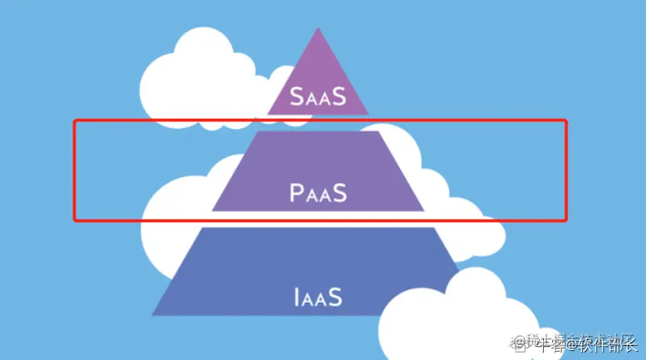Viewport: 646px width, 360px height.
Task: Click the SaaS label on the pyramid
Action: [x=317, y=96]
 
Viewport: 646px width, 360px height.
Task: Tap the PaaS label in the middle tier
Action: [x=318, y=193]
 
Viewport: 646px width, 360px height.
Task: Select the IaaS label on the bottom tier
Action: [x=318, y=296]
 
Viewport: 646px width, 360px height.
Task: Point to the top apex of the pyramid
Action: [x=318, y=28]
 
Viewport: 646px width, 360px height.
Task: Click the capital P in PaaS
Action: [x=297, y=193]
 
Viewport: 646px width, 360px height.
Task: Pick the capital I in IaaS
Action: [x=296, y=296]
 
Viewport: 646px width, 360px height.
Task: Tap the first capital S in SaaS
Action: [x=296, y=96]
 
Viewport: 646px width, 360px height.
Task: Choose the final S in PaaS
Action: [x=339, y=193]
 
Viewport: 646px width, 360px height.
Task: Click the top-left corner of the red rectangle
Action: [x=75, y=121]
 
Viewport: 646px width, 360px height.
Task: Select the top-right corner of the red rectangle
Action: [x=567, y=121]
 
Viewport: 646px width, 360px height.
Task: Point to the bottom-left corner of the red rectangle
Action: [x=75, y=220]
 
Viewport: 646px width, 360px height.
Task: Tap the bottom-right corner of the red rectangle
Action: [x=567, y=220]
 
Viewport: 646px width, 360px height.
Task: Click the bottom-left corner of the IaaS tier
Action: [x=152, y=314]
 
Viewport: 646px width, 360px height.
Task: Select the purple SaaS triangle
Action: [x=318, y=76]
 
